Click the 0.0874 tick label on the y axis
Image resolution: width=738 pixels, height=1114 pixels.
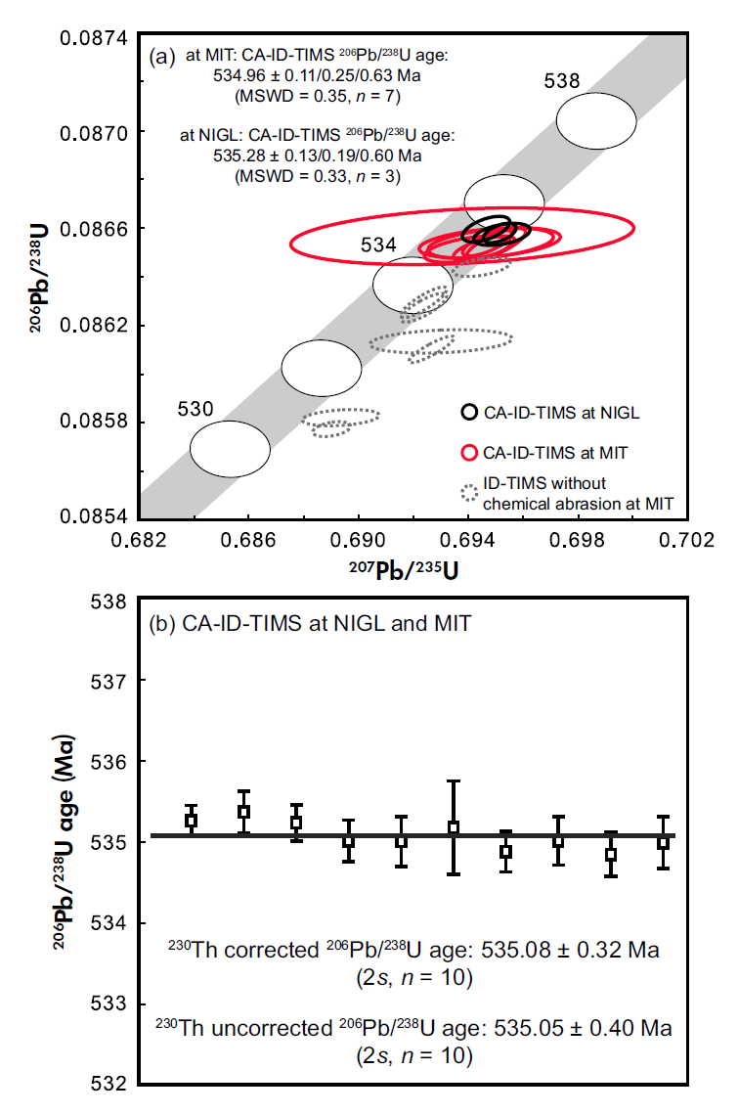98,37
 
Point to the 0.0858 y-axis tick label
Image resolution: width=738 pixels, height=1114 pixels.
98,422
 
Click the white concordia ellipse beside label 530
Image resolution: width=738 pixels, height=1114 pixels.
230,449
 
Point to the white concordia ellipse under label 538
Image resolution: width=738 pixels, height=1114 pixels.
596,120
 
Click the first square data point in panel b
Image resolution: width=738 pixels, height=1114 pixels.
192,820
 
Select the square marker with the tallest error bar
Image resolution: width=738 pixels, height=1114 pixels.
454,827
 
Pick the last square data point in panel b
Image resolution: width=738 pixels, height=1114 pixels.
664,842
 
